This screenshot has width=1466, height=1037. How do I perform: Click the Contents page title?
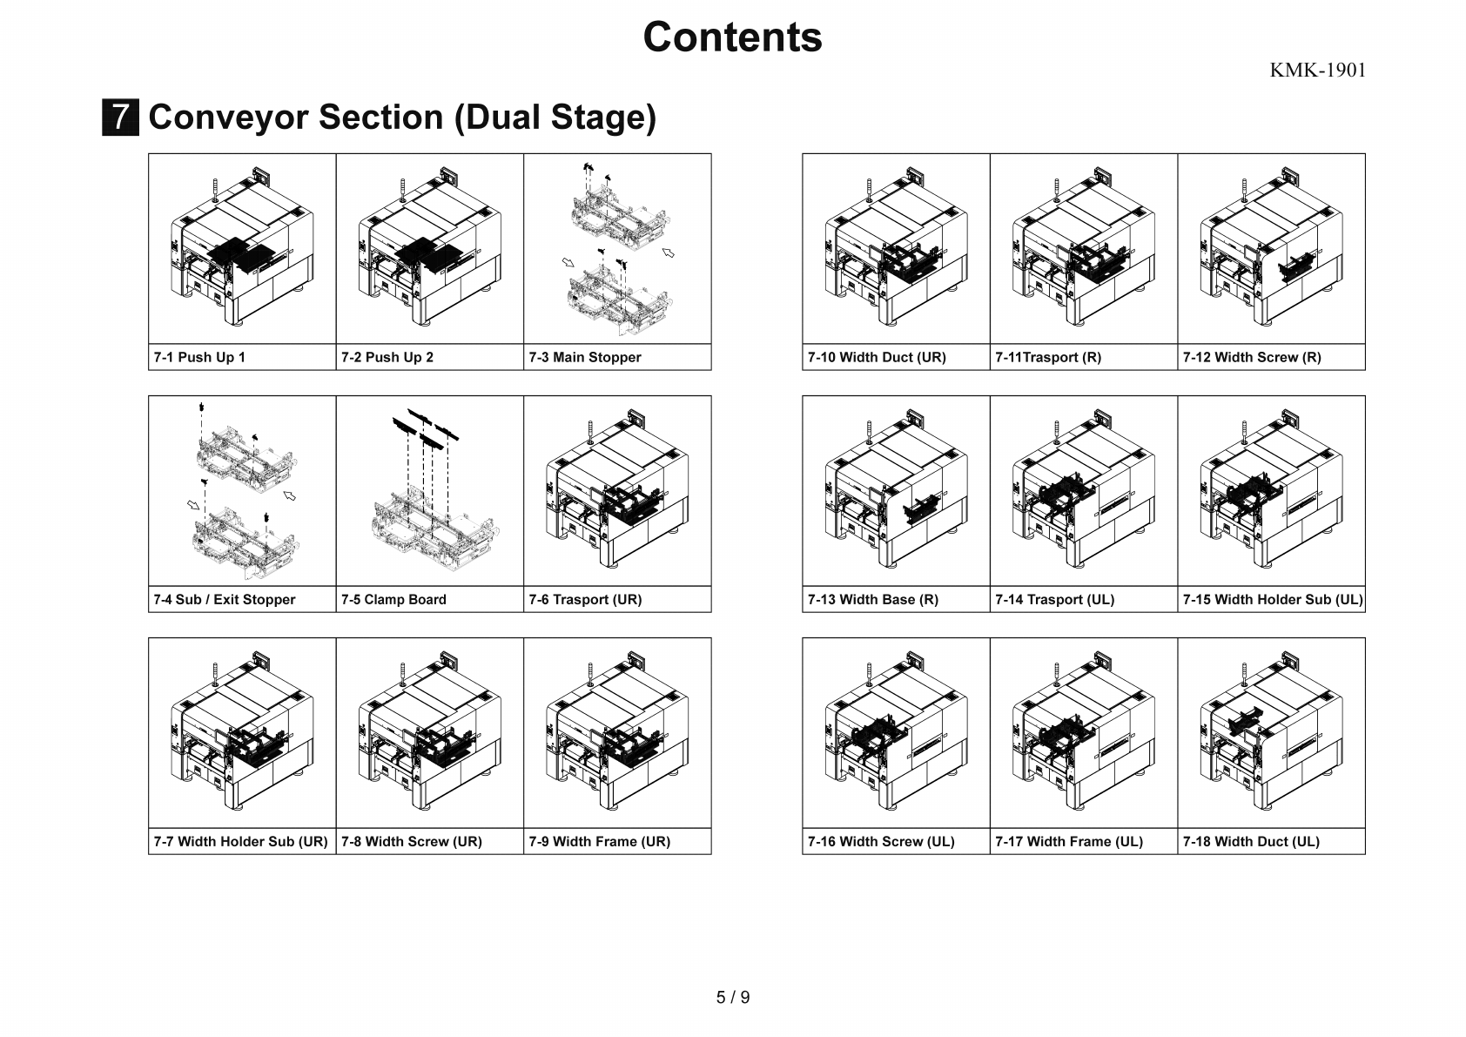pos(732,37)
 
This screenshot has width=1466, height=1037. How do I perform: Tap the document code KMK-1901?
pos(1317,71)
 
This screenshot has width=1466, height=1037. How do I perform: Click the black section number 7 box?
pos(120,118)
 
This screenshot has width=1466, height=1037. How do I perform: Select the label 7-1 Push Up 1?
pos(199,358)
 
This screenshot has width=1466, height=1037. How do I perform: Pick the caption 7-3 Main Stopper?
pos(584,358)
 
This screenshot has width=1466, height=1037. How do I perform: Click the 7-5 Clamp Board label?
pos(393,600)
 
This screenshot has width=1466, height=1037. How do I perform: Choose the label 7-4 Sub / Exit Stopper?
pos(225,600)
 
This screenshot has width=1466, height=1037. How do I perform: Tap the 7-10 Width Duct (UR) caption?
pos(877,358)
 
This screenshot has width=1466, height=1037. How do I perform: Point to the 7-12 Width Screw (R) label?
pos(1251,358)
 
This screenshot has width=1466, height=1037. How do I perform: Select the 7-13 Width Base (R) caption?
pos(872,600)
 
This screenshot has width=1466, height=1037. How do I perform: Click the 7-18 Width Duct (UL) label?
pos(1250,842)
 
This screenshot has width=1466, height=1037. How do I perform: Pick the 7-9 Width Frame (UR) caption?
pos(599,842)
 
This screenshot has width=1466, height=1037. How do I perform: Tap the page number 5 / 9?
pos(732,998)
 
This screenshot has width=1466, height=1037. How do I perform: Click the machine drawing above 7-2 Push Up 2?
pos(429,249)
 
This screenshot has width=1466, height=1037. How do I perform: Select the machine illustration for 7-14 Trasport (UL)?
pos(1083,491)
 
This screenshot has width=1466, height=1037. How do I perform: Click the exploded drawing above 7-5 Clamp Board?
pos(429,491)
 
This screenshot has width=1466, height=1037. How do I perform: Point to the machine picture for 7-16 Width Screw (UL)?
pos(896,733)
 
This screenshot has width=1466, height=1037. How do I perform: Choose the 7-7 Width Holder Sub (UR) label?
pos(240,842)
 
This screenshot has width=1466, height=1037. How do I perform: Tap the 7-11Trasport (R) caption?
pos(1048,358)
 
